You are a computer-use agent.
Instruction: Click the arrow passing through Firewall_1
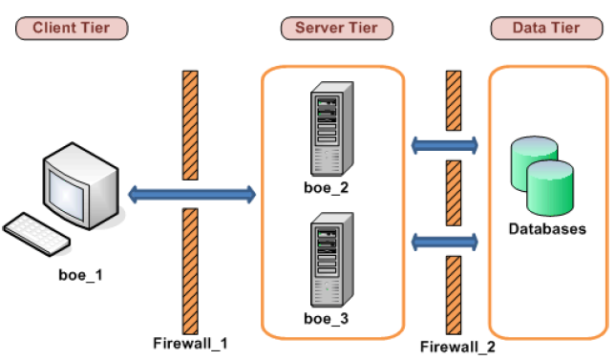pyautogui.click(x=192, y=196)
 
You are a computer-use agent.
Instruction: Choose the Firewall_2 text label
pyautogui.click(x=457, y=348)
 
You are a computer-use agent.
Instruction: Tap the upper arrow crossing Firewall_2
pyautogui.click(x=444, y=145)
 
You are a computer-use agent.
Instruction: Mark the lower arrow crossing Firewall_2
pyautogui.click(x=444, y=240)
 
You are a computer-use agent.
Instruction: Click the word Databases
pyautogui.click(x=546, y=229)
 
